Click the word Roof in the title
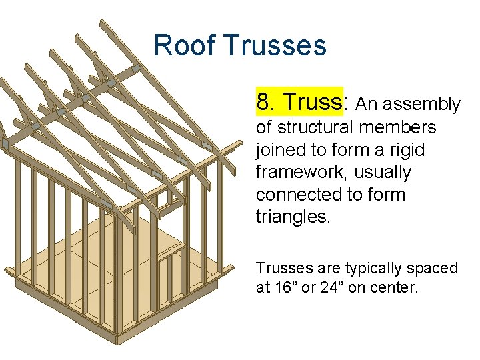pos(185,46)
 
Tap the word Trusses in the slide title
pos(275,46)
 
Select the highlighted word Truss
pos(311,102)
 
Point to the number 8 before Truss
pos(263,102)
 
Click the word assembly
pos(429,105)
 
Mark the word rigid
pos(408,149)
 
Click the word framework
pos(298,172)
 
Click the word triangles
pos(291,217)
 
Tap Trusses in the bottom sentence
pos(285,268)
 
